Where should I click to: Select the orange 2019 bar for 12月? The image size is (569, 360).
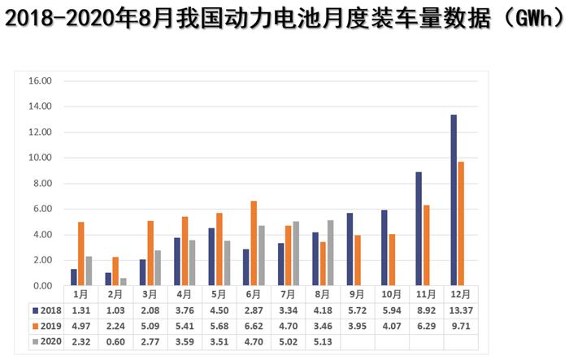[x=462, y=223]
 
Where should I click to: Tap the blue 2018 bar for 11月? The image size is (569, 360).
[x=419, y=228]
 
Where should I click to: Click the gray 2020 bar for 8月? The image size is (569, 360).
[x=331, y=253]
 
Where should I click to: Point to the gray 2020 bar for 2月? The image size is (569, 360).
[x=124, y=282]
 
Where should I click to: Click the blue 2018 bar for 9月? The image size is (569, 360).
[x=350, y=249]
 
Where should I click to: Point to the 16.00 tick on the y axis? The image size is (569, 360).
[x=40, y=81]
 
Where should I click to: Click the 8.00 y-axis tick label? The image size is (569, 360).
[x=41, y=184]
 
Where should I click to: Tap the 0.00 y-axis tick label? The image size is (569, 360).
[x=41, y=286]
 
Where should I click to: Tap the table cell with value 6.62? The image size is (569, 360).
[x=254, y=326]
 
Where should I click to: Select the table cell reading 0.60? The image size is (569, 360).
[x=115, y=342]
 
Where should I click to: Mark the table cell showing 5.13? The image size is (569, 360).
[x=323, y=342]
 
